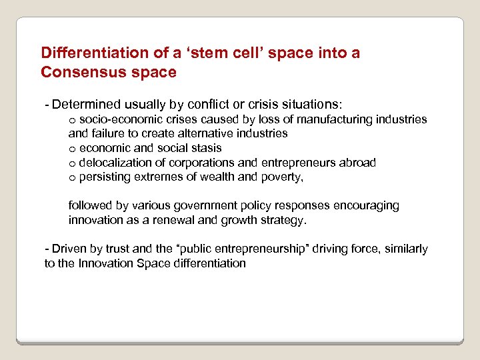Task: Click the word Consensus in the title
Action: tap(76, 72)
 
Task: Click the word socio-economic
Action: tap(119, 119)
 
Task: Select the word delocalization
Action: tap(122, 163)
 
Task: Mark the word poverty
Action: tap(282, 177)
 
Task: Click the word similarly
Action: tap(403, 249)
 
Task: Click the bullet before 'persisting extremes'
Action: tap(72, 177)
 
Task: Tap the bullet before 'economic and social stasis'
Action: tap(72, 149)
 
